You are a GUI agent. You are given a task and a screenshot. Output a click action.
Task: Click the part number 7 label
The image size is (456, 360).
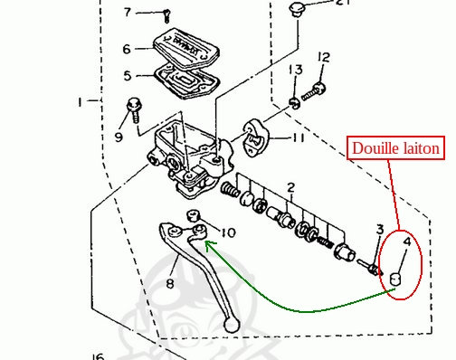coord(128,13)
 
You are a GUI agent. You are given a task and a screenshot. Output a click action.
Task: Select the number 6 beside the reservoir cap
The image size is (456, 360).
coord(127,49)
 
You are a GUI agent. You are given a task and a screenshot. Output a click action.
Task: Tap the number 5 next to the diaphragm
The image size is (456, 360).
coord(128,75)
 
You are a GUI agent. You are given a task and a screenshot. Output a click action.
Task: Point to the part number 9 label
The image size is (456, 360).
coord(119,137)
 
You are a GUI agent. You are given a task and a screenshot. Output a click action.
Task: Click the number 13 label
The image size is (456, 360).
coord(296,70)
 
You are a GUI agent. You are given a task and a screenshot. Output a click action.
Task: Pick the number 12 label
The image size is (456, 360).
coord(324,57)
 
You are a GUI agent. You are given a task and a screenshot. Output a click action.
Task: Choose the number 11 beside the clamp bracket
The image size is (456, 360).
coord(299,137)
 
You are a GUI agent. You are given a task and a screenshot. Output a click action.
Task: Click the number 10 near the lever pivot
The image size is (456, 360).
coord(228,232)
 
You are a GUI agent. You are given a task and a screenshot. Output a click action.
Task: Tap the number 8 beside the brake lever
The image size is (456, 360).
coord(170,283)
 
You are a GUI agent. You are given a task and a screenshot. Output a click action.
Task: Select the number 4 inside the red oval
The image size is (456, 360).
coord(407,242)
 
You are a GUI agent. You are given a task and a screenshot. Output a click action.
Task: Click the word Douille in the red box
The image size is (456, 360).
coord(373,148)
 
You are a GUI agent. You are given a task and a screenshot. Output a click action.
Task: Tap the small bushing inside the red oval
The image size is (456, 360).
coord(394,279)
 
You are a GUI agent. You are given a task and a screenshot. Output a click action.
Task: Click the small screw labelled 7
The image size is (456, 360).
coord(166,16)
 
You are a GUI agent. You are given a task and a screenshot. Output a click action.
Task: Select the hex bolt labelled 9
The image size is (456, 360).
coord(133,109)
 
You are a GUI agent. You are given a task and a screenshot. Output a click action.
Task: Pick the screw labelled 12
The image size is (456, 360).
coord(314,92)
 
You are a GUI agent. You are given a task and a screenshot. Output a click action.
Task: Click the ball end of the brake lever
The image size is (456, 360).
coord(231,325)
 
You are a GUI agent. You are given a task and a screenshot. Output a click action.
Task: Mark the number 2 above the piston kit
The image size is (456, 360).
coord(290,187)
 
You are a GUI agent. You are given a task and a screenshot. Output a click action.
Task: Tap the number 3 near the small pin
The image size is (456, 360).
coord(380,230)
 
